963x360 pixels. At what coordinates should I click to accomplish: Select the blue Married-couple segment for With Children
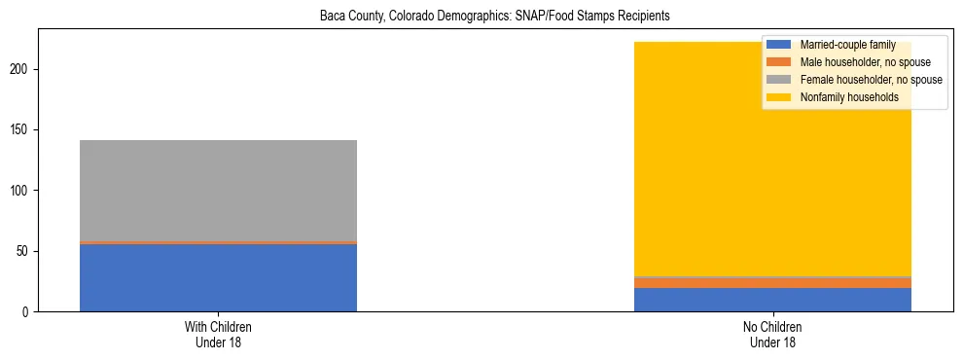(218, 277)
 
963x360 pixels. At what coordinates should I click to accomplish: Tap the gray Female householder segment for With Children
(218, 191)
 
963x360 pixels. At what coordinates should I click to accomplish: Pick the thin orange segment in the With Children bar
(218, 242)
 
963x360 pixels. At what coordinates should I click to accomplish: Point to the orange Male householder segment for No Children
(772, 283)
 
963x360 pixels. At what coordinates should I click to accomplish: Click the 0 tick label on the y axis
(27, 312)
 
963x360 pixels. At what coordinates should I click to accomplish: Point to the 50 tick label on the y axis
(24, 251)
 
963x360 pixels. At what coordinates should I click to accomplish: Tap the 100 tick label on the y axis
(21, 191)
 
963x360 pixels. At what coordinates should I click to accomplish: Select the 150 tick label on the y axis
(21, 130)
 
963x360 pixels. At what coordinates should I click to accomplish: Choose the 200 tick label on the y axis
(21, 70)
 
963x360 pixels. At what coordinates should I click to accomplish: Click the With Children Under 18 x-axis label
(218, 335)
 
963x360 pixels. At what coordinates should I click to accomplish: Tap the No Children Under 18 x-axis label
(772, 335)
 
